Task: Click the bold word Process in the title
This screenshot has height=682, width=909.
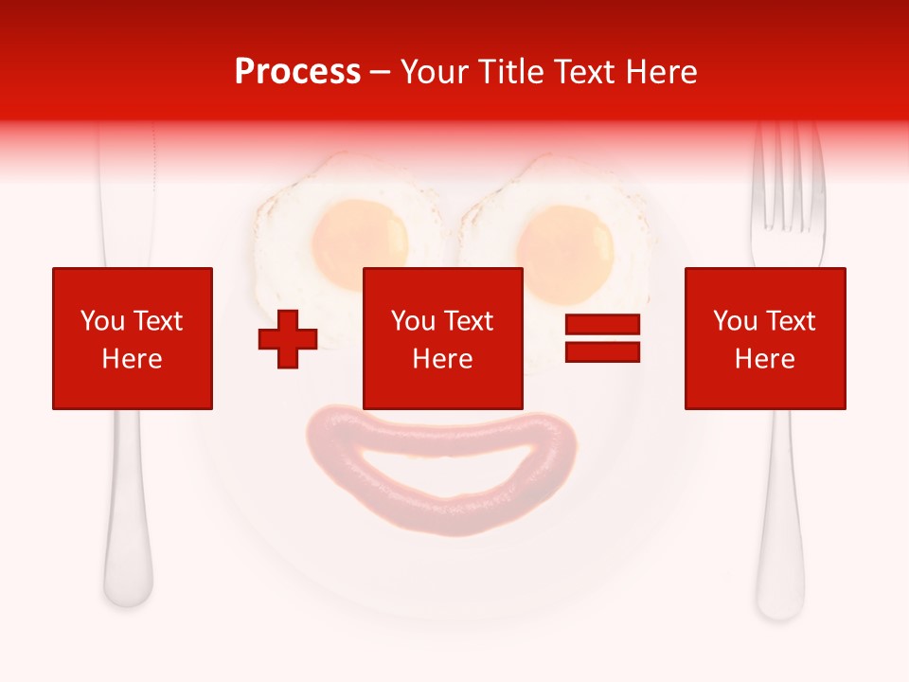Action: (297, 72)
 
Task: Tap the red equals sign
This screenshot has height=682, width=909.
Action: (602, 338)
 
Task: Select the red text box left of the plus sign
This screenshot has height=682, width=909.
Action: (133, 338)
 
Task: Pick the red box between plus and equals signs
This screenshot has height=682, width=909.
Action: (443, 338)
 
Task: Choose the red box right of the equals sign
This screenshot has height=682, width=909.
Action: (765, 338)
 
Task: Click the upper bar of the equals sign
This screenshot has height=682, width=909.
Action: (602, 325)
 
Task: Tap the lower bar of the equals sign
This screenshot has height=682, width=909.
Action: (602, 352)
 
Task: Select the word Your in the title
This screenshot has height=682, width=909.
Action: (433, 72)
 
